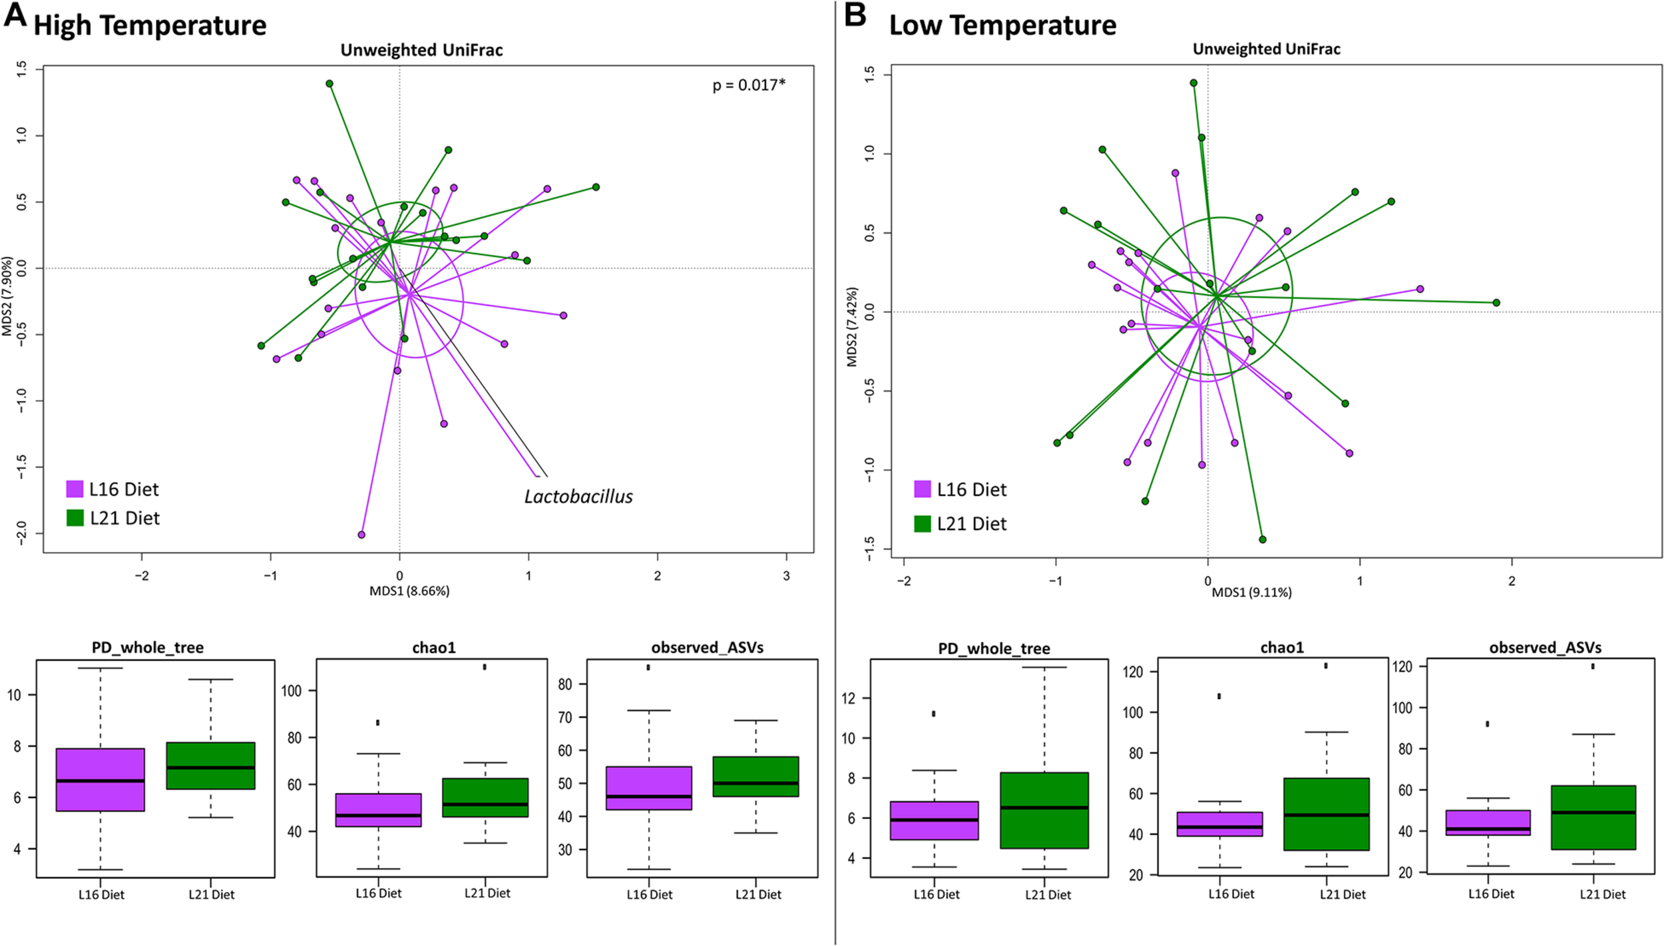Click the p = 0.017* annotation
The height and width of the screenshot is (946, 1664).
coord(749,85)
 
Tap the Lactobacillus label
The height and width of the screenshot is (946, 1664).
coord(578,497)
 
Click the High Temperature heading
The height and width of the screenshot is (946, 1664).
coord(150,25)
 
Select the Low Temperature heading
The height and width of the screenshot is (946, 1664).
coord(1002,25)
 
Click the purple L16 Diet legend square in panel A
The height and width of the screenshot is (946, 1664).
coord(75,489)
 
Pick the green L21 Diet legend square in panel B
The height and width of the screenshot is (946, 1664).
coord(922,523)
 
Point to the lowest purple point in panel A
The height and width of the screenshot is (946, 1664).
coord(361,535)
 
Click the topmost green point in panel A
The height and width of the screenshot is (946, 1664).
coord(329,84)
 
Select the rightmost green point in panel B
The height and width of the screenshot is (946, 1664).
coord(1496,303)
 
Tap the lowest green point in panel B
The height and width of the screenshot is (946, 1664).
coord(1263,539)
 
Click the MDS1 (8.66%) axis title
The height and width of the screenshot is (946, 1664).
coord(409,591)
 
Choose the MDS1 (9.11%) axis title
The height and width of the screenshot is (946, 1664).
coord(1251,592)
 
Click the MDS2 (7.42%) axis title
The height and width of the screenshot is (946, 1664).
coord(852,327)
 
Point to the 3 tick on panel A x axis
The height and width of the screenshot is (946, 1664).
coord(786,576)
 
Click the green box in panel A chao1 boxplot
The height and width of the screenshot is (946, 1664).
coord(485,798)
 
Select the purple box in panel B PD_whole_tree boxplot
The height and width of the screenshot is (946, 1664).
coord(934,820)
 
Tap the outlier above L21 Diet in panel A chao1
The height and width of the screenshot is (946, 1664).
coord(485,666)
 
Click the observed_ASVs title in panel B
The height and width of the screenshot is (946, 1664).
coord(1545,648)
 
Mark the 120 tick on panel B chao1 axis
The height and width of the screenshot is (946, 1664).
coord(1133,672)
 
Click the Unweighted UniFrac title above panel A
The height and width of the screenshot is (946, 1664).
coord(421,50)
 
